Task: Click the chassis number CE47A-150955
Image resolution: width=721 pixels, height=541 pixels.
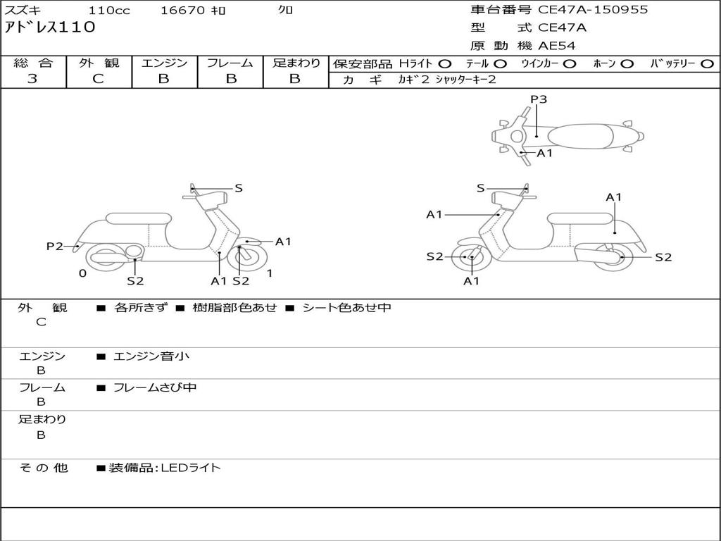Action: tap(593, 10)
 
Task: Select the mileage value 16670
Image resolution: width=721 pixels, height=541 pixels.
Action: tap(182, 11)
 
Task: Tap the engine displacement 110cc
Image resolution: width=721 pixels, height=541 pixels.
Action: tap(109, 11)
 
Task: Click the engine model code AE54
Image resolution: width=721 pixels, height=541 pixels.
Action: tap(557, 46)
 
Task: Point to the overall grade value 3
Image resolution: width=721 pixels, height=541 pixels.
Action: tap(32, 79)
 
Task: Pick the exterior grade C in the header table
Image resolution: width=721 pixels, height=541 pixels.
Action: tap(98, 79)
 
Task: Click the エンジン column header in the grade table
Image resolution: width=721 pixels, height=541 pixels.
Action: tap(164, 63)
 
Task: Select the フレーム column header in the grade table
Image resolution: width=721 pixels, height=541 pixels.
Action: tap(230, 63)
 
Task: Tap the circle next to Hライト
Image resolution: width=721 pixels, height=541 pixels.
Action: tap(445, 64)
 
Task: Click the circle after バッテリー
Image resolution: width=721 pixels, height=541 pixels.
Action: tap(707, 64)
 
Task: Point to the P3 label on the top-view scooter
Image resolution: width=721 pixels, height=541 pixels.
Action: tap(539, 99)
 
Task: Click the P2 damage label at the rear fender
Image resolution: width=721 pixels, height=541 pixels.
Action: tap(55, 247)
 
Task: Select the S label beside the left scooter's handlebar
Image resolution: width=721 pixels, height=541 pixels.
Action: tap(239, 188)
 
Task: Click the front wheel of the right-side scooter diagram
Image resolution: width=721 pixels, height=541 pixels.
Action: tap(470, 258)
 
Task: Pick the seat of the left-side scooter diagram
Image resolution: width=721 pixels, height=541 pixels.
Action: tap(137, 218)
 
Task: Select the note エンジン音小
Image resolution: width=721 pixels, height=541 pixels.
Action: tap(151, 356)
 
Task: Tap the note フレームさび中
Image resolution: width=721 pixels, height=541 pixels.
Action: tap(155, 387)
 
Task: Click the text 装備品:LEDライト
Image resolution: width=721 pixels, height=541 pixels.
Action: tap(165, 467)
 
